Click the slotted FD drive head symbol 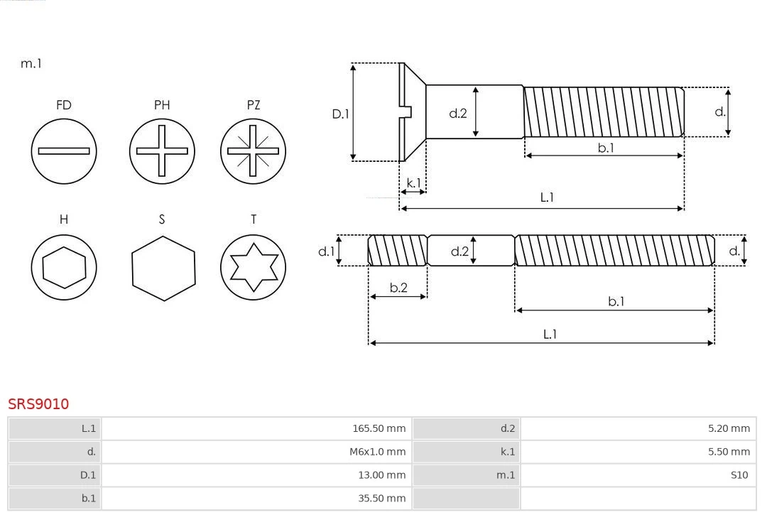point(64,151)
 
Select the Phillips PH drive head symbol point(162,151)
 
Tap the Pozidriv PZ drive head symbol point(254,151)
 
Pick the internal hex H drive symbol point(64,268)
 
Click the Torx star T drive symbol point(254,268)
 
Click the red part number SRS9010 point(38,404)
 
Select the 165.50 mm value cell point(256,428)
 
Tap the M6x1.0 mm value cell point(256,452)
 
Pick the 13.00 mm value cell point(256,475)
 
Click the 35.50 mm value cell point(256,498)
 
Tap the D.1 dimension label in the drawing point(342,114)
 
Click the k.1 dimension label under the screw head point(413,183)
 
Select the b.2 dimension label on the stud point(398,288)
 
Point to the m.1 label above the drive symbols point(31,64)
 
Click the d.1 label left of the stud point(326,251)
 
